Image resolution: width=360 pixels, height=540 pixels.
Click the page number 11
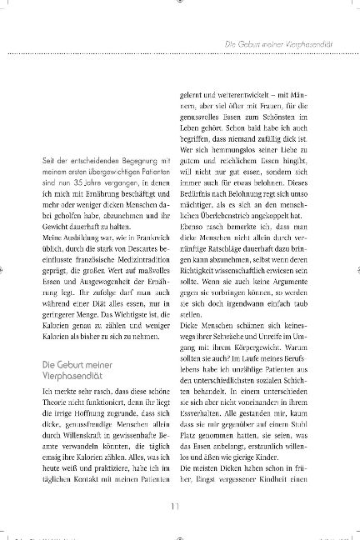click(x=180, y=502)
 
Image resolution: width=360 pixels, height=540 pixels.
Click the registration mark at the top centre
click(x=180, y=3)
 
